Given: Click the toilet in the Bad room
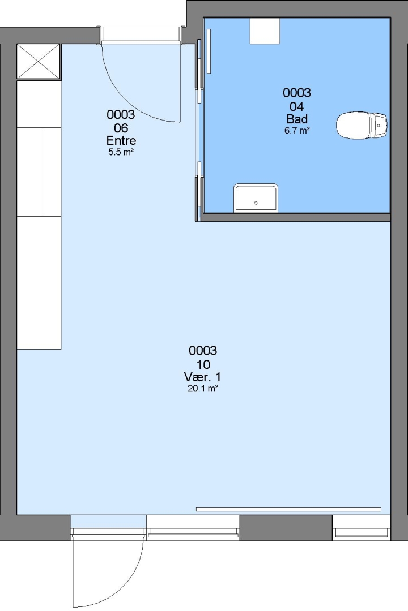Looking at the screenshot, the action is click(x=361, y=126).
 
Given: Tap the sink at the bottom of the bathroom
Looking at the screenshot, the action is click(x=256, y=199).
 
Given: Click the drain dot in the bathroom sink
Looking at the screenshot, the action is click(x=256, y=203).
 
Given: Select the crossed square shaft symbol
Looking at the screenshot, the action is click(x=39, y=62).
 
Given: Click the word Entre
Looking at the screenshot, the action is click(x=121, y=140).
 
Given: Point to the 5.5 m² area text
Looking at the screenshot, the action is click(x=121, y=152).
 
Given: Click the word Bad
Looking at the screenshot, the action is click(x=297, y=119).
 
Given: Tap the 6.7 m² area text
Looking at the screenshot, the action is click(x=297, y=131).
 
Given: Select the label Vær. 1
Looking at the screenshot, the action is click(x=203, y=377).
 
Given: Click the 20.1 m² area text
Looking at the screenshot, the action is click(x=203, y=389).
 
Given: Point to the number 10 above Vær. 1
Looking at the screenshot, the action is click(x=203, y=364).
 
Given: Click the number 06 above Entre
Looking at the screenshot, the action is click(x=121, y=128).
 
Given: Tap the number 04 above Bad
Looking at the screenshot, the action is click(x=297, y=106).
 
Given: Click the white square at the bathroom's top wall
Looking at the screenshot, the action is click(x=265, y=31).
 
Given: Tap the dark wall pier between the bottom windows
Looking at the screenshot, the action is click(x=286, y=528).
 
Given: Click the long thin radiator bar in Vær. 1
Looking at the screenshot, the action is click(x=288, y=509).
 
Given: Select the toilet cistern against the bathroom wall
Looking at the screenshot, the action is click(x=379, y=126).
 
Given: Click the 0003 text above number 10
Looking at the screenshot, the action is click(x=203, y=351).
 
